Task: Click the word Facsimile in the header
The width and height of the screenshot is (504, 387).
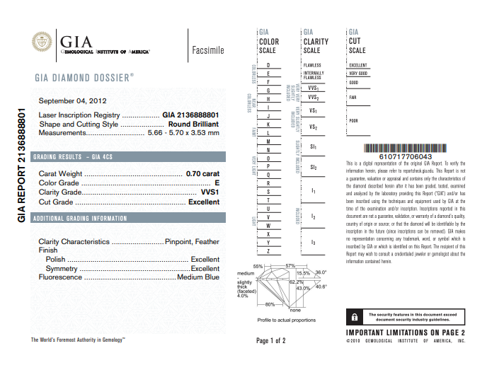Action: [208, 50]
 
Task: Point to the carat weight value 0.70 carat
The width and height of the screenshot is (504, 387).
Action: [202, 173]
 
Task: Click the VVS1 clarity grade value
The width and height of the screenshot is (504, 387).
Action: [210, 192]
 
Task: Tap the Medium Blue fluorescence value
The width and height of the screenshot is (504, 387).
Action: [198, 277]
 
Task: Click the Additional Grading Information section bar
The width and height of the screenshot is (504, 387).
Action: [127, 218]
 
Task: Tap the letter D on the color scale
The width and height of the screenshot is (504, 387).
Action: [268, 65]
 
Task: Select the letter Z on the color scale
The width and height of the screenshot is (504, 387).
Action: [268, 251]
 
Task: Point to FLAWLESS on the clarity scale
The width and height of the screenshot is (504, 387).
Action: [312, 65]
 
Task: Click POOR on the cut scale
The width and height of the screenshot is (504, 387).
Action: [354, 121]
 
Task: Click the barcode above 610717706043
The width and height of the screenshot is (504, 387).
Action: [406, 149]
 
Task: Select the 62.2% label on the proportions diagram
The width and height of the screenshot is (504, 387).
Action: [297, 282]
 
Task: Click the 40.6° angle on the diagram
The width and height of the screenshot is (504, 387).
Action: [321, 287]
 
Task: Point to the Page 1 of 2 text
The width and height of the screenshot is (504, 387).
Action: [271, 341]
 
